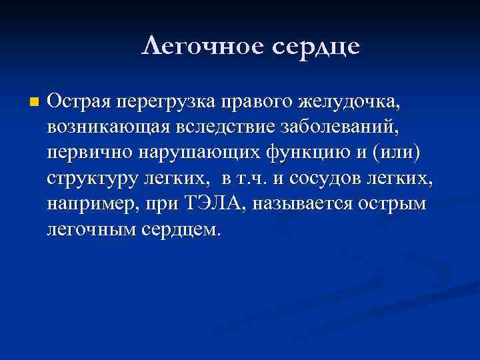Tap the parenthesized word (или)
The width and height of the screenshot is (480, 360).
(397, 155)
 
